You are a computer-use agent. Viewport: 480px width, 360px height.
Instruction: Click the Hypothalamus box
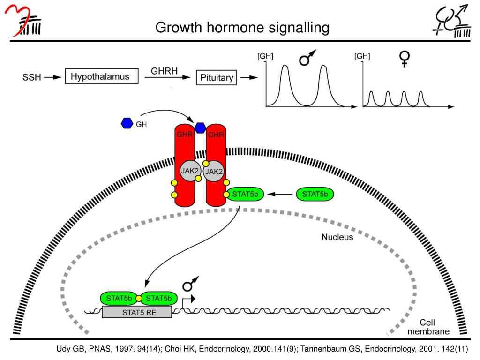tap(102, 76)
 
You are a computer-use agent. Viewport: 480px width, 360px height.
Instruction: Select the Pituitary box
tap(217, 77)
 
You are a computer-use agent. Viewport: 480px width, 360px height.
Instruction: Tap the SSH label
tap(31, 77)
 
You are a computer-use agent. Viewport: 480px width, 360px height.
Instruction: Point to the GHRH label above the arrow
tap(165, 71)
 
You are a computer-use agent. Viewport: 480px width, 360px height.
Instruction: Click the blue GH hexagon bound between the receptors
tap(200, 128)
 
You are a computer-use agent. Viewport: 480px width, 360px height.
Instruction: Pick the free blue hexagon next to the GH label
tap(127, 123)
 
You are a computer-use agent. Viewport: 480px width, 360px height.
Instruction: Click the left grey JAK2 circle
tap(190, 171)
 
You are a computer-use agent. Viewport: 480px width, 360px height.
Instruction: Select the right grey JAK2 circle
tap(214, 171)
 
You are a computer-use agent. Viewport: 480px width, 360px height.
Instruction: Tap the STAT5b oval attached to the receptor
tap(245, 194)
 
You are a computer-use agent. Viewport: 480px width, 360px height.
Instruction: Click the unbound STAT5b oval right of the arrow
tap(315, 194)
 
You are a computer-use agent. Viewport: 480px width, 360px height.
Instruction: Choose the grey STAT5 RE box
tap(137, 312)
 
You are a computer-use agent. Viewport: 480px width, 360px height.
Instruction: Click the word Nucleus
tap(337, 237)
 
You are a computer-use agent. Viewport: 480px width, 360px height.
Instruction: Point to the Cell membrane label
tap(428, 327)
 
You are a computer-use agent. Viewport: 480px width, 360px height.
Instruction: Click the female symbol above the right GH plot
tap(405, 59)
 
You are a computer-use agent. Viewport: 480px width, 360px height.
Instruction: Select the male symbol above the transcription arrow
tap(190, 284)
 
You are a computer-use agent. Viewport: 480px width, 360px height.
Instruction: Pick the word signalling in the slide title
tap(299, 28)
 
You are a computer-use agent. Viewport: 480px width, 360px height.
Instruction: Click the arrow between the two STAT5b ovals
tap(280, 194)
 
